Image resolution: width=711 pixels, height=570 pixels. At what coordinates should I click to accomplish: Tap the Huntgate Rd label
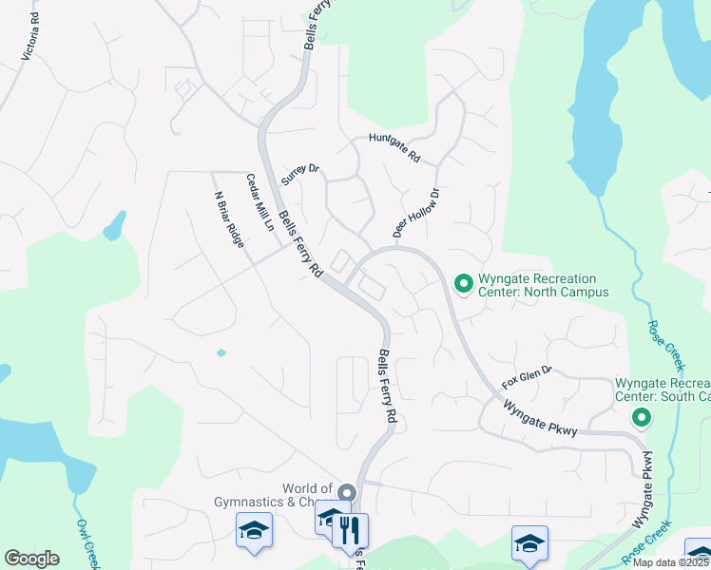pos(394,147)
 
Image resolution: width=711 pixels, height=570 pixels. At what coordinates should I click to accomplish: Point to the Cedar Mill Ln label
pos(259,203)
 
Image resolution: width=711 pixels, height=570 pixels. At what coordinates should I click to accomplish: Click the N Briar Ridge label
pos(228,219)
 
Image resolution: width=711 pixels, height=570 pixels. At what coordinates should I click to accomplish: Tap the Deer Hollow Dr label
pos(416,213)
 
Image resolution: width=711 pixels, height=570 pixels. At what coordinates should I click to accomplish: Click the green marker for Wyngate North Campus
pos(464,284)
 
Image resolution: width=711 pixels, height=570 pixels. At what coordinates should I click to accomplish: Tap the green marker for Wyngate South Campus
pos(642,417)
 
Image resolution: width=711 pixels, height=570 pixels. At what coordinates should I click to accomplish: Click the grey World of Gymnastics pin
pos(346,493)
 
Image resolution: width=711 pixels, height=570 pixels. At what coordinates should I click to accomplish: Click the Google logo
pos(32,559)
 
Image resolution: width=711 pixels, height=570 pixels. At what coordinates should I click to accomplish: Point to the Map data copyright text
pos(671,562)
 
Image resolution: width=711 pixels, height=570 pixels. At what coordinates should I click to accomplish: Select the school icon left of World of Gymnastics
pos(254,528)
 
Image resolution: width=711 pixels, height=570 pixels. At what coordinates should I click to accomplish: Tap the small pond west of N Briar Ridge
pos(115,226)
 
